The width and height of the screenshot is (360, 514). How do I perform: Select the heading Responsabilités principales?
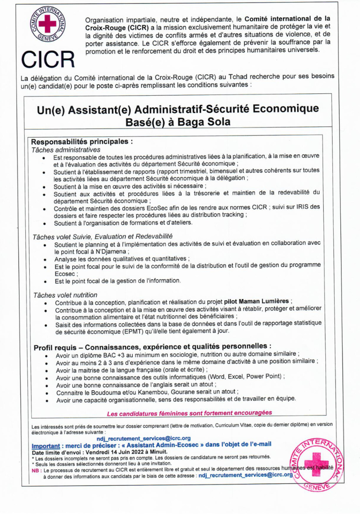click(x=82, y=141)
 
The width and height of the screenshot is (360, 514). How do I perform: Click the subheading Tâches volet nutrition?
click(x=65, y=295)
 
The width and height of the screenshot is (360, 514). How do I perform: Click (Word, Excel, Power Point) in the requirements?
click(x=245, y=376)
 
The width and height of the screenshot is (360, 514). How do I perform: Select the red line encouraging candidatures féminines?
click(x=189, y=413)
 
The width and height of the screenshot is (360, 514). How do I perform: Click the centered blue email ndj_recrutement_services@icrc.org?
click(x=144, y=438)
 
